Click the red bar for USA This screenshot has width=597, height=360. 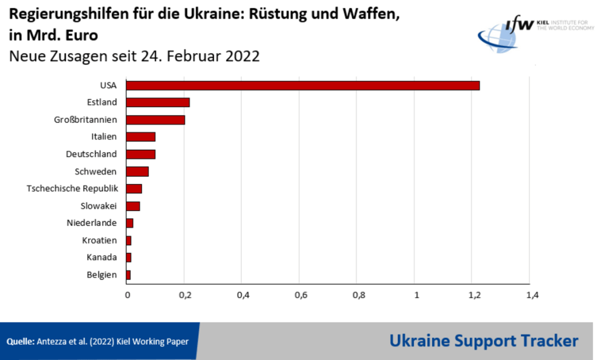pos(303,85)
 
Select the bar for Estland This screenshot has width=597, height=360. pos(158,103)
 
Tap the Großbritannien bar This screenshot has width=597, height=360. pos(156,120)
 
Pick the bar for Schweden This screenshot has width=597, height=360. pos(138,172)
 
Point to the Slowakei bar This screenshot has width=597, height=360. pos(133,206)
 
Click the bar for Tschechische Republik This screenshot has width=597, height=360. pos(134,188)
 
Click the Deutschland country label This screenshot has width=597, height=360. pos(92,154)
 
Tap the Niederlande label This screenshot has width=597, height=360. pos(92,223)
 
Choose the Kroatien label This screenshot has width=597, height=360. pos(100,240)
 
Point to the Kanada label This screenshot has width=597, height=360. pos(101,257)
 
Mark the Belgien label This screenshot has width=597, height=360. pos(101,275)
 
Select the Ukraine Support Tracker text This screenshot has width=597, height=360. pos(484,341)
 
